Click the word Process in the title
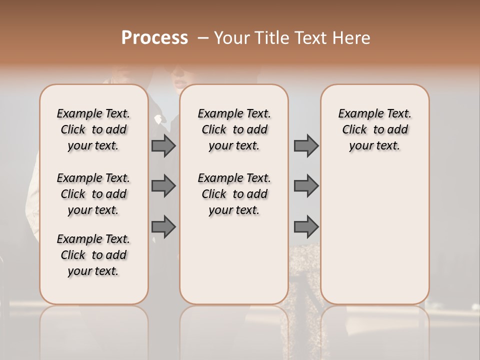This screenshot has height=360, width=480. point(154,38)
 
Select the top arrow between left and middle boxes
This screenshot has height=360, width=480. point(163,145)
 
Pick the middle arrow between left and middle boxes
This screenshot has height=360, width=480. point(163,186)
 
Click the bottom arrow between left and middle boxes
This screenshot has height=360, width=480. point(163,227)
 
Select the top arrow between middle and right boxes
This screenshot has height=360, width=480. point(306,145)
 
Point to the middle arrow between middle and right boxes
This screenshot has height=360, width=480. point(306,186)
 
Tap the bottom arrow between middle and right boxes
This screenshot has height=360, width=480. point(306,227)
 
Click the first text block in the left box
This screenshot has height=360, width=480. point(93,129)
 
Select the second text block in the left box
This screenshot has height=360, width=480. point(93,194)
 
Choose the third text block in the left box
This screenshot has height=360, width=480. point(93,255)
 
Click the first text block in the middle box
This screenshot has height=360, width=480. point(234,129)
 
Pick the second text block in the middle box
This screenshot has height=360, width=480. point(234,194)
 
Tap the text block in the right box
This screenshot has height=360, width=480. point(375,129)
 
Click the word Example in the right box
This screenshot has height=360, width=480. point(356,114)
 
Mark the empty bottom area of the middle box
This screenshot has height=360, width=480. point(234,265)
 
